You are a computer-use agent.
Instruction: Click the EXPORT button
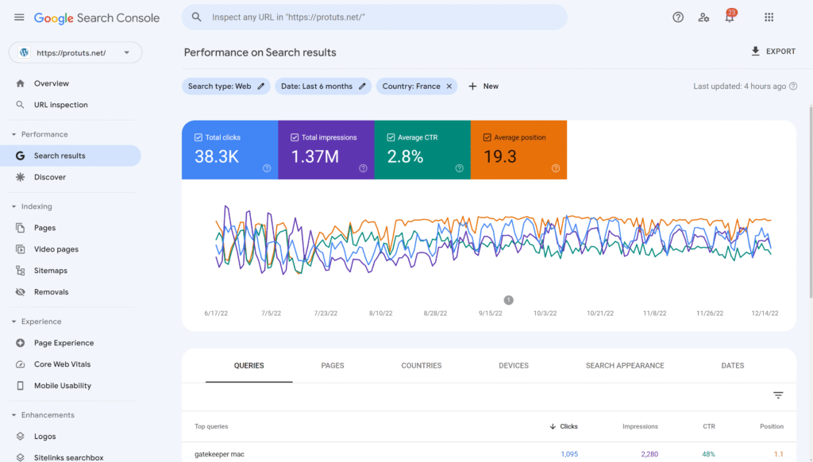773,52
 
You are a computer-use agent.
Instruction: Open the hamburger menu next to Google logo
19,17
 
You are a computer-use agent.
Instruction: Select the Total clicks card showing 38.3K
229,150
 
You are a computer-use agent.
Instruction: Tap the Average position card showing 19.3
518,150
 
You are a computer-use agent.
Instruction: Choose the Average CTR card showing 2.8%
422,150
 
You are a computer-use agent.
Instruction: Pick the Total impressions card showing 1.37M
326,150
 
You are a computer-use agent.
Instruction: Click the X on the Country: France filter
449,87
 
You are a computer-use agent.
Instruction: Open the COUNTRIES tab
421,366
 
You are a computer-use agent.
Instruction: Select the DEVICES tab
514,366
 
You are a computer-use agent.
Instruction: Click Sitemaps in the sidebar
51,271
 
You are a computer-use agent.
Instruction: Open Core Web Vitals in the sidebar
62,364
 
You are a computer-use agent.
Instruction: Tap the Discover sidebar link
49,177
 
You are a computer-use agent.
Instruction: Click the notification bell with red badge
730,17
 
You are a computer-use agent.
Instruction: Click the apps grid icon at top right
769,17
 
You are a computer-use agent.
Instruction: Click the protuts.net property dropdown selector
75,53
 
